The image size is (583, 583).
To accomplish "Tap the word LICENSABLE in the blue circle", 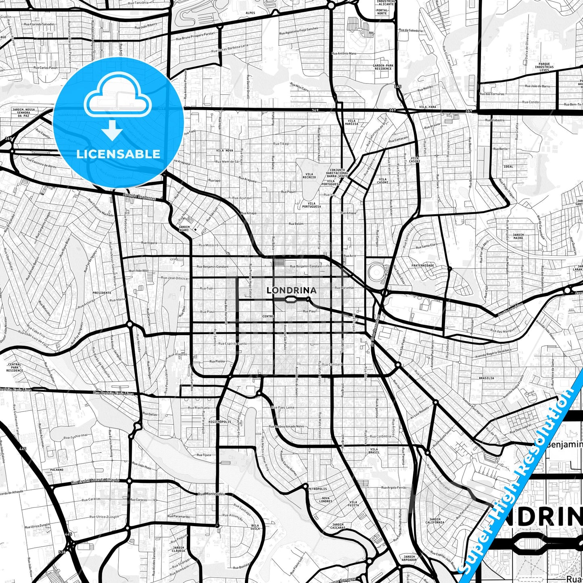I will coord(118,154).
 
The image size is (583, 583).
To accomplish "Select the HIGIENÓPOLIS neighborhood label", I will coord(220,422).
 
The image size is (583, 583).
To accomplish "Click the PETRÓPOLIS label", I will coord(317,489).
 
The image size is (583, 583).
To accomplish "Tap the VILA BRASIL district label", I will coord(374,451).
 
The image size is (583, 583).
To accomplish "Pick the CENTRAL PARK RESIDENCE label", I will coord(15,367).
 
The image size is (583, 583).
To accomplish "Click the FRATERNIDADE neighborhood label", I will coord(422,265).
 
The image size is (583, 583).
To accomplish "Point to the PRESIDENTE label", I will coord(102,293).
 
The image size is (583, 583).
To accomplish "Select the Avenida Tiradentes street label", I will coord(139,197).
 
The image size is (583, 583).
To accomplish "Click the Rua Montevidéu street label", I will coord(211,494).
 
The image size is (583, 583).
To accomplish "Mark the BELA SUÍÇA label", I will coord(255,527).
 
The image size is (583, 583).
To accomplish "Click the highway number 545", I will coord(398,87).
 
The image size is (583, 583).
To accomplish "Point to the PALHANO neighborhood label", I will coord(57,470).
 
